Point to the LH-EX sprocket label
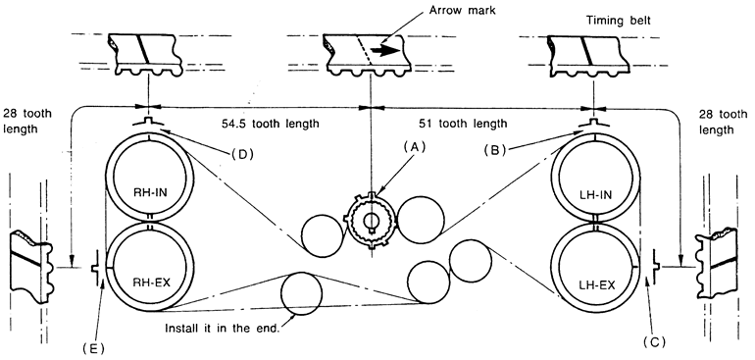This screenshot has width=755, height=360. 595,285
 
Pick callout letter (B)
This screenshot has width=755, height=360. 495,149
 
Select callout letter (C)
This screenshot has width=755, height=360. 653,342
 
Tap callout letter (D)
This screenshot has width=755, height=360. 242,154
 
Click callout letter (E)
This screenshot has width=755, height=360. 93,347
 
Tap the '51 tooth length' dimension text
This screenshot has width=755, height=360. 463,124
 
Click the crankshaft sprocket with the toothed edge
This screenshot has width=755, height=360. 371,221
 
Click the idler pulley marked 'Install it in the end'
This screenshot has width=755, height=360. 301,293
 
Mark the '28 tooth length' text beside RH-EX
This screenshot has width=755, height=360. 27,122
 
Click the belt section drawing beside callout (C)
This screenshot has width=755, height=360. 717,265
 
